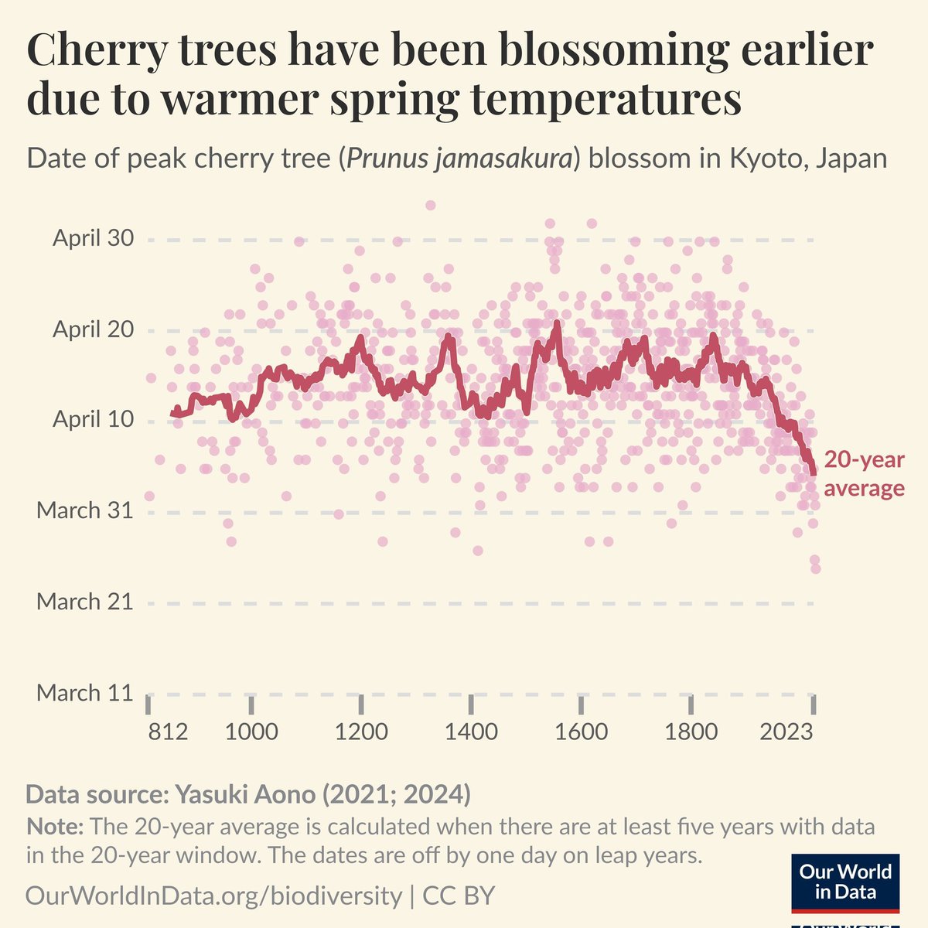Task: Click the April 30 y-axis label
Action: pyautogui.click(x=93, y=238)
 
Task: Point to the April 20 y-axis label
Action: pyautogui.click(x=93, y=329)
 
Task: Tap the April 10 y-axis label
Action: pyautogui.click(x=93, y=420)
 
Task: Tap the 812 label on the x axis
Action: pyautogui.click(x=168, y=732)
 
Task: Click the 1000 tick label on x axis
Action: pyautogui.click(x=251, y=732)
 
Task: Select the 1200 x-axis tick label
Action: pyautogui.click(x=361, y=732)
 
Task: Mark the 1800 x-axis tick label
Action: pyautogui.click(x=691, y=732)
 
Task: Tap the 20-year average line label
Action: pyautogui.click(x=863, y=474)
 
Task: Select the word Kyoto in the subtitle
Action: pyautogui.click(x=763, y=159)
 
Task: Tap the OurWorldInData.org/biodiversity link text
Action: pyautogui.click(x=213, y=896)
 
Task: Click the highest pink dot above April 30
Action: pyautogui.click(x=431, y=205)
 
